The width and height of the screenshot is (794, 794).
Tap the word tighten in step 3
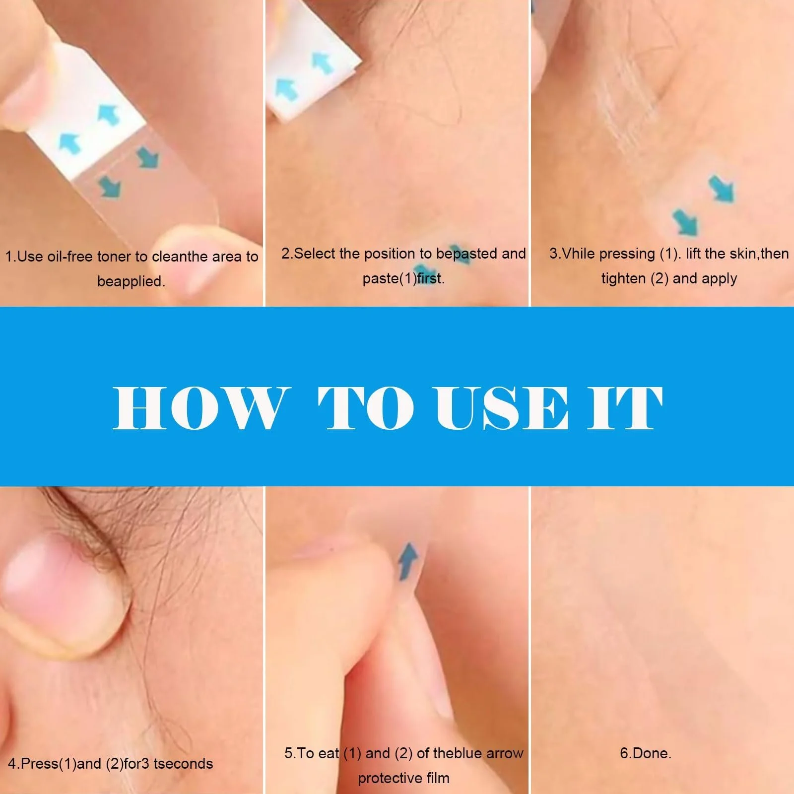623,278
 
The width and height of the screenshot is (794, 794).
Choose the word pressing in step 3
627,254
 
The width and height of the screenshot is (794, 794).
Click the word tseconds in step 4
183,763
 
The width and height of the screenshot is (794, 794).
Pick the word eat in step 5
329,753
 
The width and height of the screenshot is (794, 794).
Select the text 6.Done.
646,753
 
